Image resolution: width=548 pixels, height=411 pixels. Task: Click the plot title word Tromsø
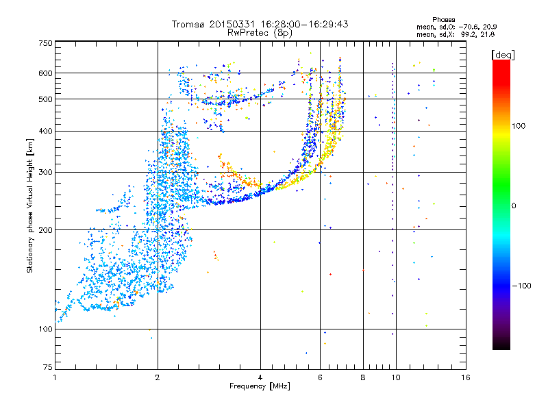pyautogui.click(x=192, y=24)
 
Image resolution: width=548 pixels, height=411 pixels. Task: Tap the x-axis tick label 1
pyautogui.click(x=55, y=377)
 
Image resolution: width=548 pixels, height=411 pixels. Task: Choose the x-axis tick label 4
pyautogui.click(x=260, y=377)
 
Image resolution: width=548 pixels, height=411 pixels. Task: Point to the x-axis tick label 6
pyautogui.click(x=321, y=377)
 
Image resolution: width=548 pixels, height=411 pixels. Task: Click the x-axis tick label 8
pyautogui.click(x=363, y=377)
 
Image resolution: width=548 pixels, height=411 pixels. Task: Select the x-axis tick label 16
pyautogui.click(x=465, y=377)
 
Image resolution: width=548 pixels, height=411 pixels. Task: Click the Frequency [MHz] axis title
pyautogui.click(x=260, y=387)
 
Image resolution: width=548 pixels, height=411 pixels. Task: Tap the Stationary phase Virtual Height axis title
pyautogui.click(x=30, y=206)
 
